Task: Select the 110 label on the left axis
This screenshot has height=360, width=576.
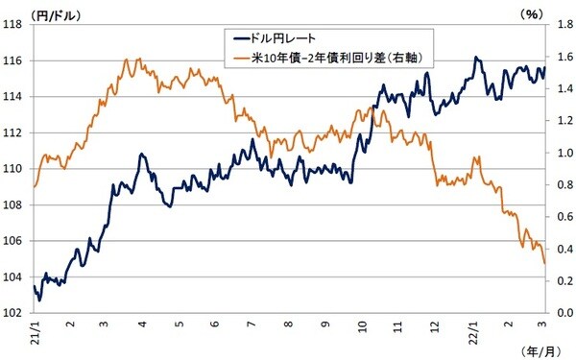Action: tap(13, 169)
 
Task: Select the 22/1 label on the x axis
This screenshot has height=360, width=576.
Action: tap(472, 332)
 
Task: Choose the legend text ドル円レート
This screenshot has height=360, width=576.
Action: tap(279, 39)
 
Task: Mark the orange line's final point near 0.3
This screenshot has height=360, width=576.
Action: tap(545, 263)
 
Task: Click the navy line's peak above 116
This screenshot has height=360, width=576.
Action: tap(476, 58)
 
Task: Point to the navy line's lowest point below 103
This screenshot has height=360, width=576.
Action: tap(39, 300)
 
